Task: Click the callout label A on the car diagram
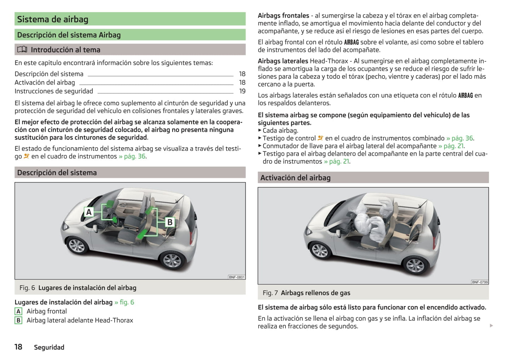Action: tap(89, 212)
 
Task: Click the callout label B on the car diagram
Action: tap(170, 222)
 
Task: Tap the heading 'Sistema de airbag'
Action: tap(53, 19)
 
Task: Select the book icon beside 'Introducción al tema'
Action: tap(22, 49)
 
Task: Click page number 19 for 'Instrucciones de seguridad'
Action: tap(242, 91)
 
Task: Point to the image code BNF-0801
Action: tap(237, 277)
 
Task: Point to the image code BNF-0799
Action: tap(480, 282)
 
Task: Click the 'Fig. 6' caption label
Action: tap(27, 288)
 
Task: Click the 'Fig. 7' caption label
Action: tap(270, 293)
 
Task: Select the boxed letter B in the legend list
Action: tap(18, 320)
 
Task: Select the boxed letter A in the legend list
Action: tap(18, 311)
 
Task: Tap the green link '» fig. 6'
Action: tap(124, 302)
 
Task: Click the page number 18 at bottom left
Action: tap(18, 347)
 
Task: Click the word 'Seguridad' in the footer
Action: tap(49, 347)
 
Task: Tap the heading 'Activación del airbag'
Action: tap(295, 178)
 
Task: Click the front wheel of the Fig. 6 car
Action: tap(77, 245)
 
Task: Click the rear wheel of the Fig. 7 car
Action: tap(415, 266)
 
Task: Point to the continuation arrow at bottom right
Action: tap(491, 325)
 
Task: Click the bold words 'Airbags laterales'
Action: tap(283, 61)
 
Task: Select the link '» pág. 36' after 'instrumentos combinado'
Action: tap(460, 138)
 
